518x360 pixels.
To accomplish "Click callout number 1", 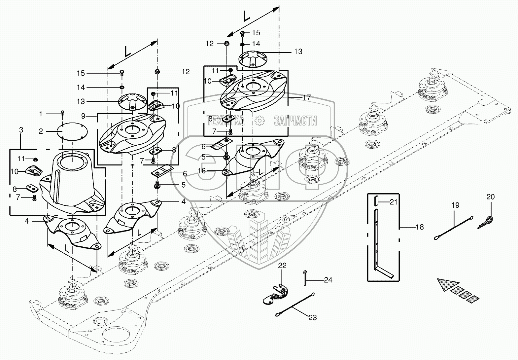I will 41,114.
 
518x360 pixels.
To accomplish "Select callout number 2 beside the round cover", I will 41,131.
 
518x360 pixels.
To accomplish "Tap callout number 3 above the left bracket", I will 21,130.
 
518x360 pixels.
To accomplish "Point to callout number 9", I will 84,116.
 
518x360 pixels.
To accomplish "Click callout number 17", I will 307,97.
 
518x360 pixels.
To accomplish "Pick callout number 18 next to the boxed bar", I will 420,227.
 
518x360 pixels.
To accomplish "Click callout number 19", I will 455,205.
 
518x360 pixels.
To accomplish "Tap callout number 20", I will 491,197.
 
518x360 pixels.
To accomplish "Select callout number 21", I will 393,202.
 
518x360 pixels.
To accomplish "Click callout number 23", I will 312,317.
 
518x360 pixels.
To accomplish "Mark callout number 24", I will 328,280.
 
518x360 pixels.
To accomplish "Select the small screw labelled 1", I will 62,113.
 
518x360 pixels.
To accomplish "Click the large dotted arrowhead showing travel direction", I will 448,284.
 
